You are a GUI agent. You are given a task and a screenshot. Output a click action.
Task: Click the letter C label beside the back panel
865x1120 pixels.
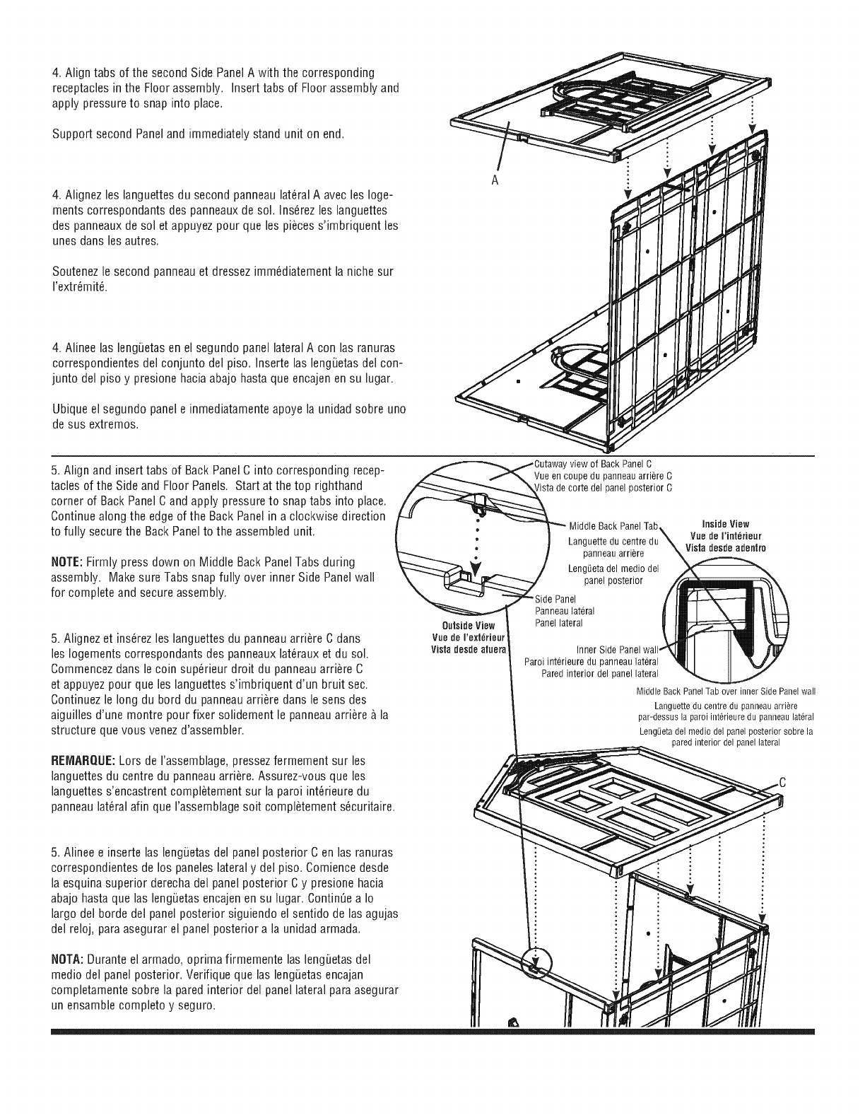point(782,783)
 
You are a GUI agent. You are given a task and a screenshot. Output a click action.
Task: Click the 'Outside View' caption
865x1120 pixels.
point(469,626)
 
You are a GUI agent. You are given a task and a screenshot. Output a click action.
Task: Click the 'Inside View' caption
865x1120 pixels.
point(725,524)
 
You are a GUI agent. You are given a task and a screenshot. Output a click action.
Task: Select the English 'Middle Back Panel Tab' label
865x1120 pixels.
point(613,526)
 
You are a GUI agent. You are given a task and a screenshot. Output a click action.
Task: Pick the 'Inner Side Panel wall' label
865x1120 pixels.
point(617,649)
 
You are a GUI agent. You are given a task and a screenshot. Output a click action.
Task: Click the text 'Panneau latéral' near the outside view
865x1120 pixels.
point(565,611)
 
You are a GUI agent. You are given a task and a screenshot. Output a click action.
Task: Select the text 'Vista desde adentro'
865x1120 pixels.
point(725,548)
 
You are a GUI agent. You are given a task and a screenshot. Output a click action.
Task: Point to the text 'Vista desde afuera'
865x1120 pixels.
point(469,648)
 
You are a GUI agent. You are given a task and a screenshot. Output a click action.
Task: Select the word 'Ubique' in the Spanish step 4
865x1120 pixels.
point(69,410)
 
